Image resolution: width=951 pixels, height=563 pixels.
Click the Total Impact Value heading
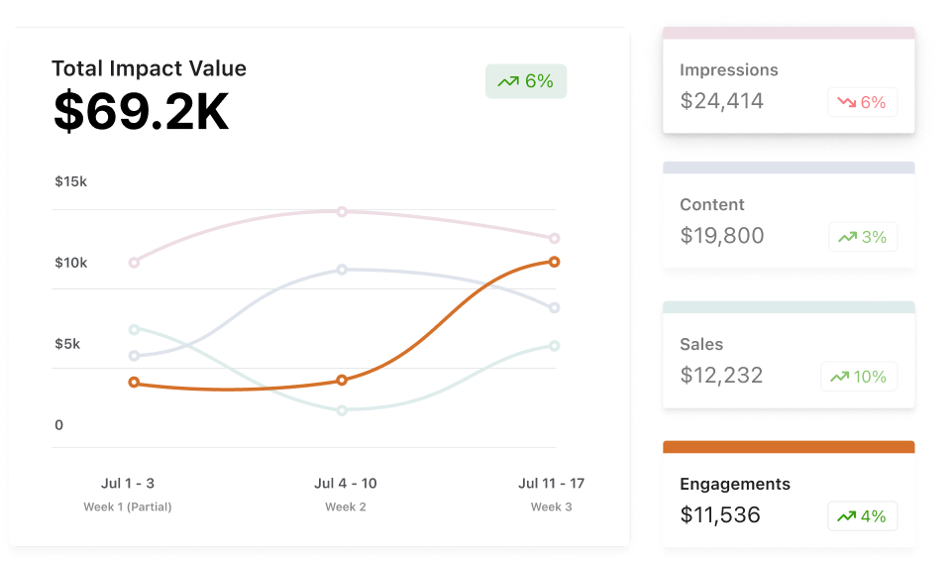(149, 68)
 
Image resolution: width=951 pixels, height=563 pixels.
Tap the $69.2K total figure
(141, 112)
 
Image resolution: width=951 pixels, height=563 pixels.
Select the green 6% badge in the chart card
(526, 81)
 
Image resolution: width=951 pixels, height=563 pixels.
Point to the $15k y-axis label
(71, 181)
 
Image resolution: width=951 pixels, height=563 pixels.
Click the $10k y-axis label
(71, 263)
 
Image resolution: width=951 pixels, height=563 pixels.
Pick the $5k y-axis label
(67, 344)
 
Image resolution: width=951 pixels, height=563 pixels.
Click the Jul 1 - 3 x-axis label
(128, 484)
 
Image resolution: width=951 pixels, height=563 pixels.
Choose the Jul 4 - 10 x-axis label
(345, 484)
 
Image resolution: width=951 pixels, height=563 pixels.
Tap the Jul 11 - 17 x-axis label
(551, 484)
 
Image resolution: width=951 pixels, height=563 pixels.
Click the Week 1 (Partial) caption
(128, 507)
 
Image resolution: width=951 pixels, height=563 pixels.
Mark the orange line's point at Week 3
(554, 262)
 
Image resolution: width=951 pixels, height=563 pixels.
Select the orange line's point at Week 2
(342, 380)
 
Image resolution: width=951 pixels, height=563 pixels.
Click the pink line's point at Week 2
(342, 211)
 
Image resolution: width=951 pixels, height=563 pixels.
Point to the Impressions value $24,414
(722, 100)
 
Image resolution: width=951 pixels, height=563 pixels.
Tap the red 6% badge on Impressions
(862, 102)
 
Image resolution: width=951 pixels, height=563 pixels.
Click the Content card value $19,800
(722, 236)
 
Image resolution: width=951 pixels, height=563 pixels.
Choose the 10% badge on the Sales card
(859, 377)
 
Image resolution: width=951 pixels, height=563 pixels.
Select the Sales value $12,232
(721, 376)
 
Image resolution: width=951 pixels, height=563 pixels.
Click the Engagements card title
(735, 485)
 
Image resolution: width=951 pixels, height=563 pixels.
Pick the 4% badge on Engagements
(862, 516)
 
